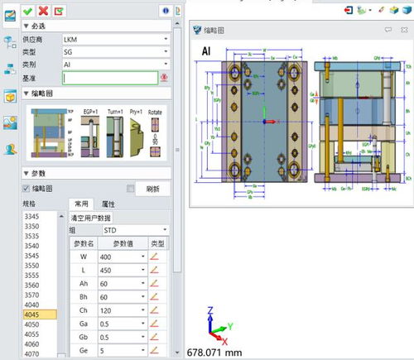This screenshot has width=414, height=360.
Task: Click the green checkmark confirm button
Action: tap(28, 9)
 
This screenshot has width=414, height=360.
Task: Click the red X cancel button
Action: tap(43, 9)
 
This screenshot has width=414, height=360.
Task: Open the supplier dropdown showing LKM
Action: tap(116, 39)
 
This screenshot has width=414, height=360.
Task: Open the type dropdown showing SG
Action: tap(116, 51)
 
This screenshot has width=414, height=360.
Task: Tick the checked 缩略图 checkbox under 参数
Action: tap(26, 189)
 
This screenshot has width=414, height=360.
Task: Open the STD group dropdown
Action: tap(128, 229)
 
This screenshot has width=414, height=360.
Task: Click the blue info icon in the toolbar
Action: tap(166, 9)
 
